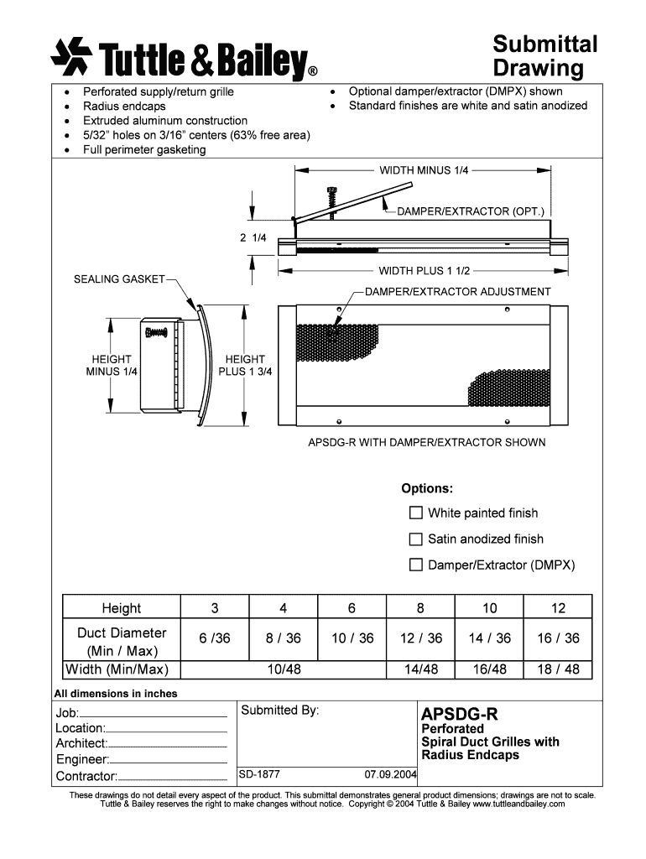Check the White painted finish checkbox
tap(415, 513)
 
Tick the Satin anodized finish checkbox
tap(415, 539)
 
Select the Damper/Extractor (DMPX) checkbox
tap(415, 565)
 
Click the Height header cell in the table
tap(122, 608)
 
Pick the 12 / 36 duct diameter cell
tap(421, 638)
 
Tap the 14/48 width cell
tap(421, 669)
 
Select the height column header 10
tap(490, 608)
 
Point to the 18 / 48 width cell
tap(559, 669)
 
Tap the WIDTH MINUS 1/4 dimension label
tap(424, 170)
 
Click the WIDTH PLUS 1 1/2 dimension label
tap(424, 271)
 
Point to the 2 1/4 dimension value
tap(253, 237)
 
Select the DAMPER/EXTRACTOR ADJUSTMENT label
tap(457, 292)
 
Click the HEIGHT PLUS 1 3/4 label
tap(245, 365)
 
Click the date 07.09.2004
tap(390, 774)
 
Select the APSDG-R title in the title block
tap(459, 714)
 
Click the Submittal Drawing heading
tap(544, 55)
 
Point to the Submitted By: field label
tap(279, 711)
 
